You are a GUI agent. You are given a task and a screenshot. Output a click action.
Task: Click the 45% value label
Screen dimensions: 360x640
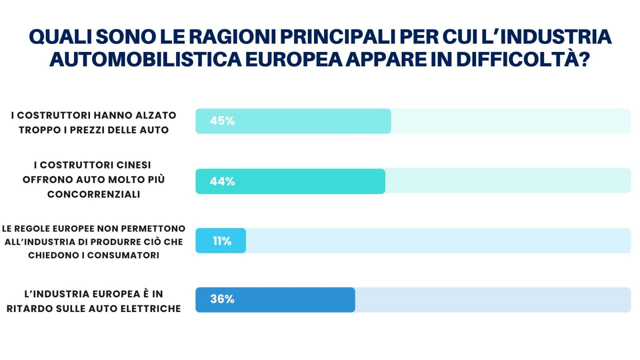coord(222,121)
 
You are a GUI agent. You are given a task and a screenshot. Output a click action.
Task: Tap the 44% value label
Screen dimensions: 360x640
coord(222,182)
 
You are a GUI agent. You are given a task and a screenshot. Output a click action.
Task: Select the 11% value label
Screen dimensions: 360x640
coord(222,241)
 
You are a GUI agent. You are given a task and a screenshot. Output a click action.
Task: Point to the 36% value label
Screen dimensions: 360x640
coord(222,299)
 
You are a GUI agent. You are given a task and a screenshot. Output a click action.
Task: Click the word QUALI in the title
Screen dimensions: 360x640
coord(60,37)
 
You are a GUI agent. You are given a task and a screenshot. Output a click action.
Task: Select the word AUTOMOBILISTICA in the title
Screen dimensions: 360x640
coord(145,60)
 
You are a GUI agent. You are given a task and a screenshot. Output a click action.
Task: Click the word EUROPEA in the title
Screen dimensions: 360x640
coord(294,60)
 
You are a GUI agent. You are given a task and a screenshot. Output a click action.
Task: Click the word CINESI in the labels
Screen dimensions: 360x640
coord(134,165)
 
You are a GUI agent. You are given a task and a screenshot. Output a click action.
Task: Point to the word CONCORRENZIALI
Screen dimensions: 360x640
coord(94,194)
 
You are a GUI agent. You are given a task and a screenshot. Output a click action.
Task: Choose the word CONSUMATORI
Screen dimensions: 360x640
coord(123,255)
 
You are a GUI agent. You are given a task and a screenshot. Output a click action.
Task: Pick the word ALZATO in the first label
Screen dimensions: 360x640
coord(156,115)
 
